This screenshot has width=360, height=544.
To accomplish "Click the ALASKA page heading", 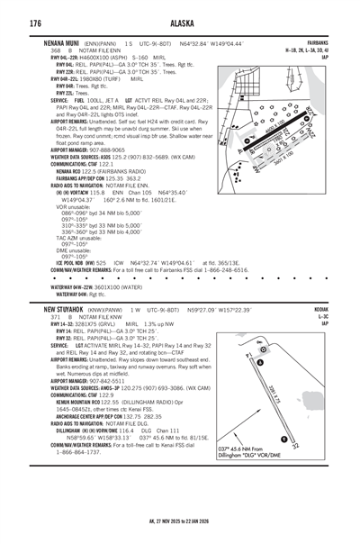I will click(180, 20).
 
